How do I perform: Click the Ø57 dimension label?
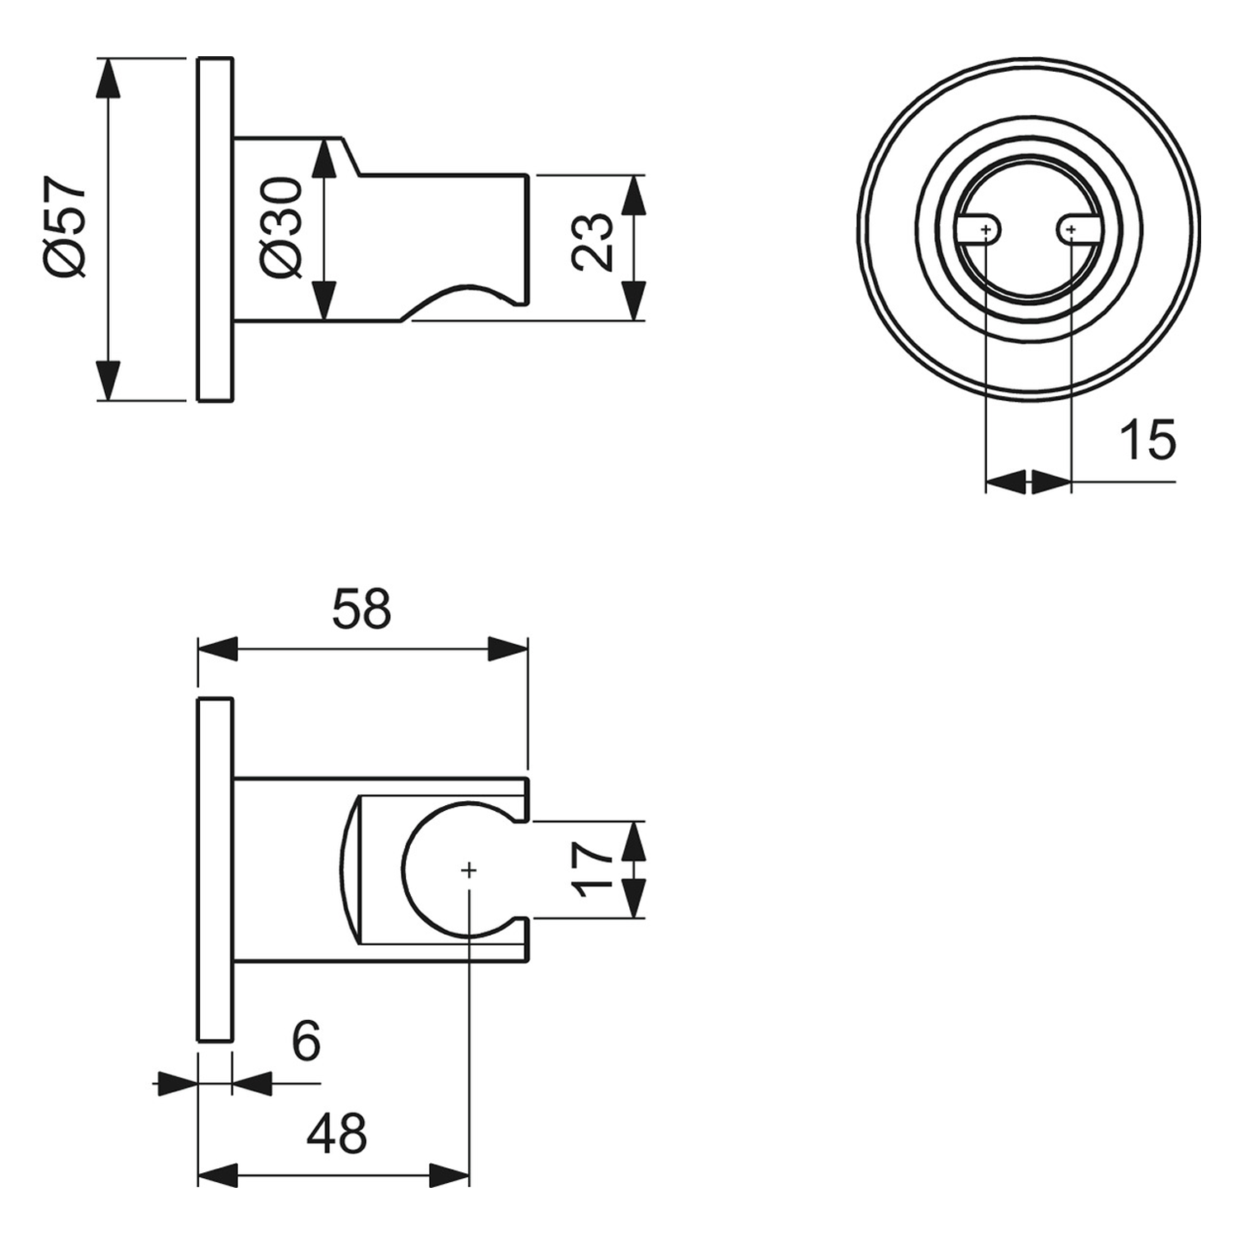[x=66, y=227]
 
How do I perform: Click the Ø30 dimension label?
[x=282, y=227]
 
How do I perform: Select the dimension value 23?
[x=593, y=241]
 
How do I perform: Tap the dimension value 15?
[x=1147, y=440]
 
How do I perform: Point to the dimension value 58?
[x=361, y=609]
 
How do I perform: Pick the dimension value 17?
[x=593, y=870]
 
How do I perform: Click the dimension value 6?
[x=306, y=1042]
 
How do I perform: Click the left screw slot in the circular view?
[x=980, y=229]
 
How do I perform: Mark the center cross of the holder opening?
[x=469, y=870]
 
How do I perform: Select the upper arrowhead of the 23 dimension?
[x=633, y=195]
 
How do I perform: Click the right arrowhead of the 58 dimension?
[x=508, y=649]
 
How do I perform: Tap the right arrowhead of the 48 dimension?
[x=450, y=1175]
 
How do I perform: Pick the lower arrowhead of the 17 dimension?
[x=633, y=899]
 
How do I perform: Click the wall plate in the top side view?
[x=216, y=230]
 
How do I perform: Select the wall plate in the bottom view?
[x=216, y=870]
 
